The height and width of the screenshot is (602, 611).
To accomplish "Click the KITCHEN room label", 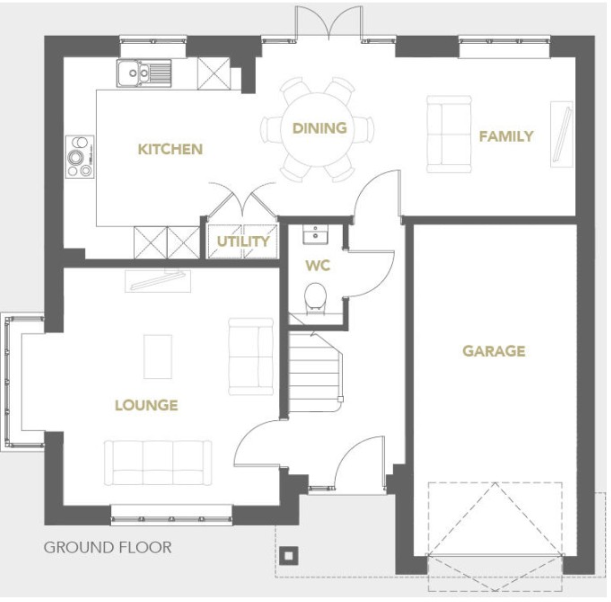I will [x=170, y=149].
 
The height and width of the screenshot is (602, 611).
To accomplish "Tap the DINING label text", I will [x=320, y=128].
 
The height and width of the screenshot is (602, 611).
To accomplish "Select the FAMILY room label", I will [x=506, y=136].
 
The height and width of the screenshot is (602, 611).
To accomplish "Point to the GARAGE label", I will [x=494, y=351].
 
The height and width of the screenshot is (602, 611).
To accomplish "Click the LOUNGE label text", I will [x=146, y=405].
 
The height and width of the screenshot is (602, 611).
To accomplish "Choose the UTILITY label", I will [x=243, y=242].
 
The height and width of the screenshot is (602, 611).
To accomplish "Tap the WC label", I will [x=318, y=265].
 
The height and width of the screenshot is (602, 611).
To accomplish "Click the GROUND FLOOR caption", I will [x=107, y=547].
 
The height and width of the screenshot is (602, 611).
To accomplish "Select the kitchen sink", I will [x=143, y=73].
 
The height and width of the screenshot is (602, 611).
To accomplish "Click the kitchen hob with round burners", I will [x=80, y=157].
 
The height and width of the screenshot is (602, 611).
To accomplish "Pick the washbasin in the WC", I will [x=316, y=234].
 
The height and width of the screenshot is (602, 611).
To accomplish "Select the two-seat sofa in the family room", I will [x=449, y=134].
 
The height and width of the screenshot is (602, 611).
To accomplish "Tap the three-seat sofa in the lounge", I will [x=158, y=463].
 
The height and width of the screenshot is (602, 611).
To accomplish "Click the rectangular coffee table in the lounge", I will [x=158, y=357].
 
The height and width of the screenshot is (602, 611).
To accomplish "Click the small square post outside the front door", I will [x=289, y=555].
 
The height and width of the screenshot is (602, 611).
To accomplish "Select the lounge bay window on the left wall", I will [x=9, y=381].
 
